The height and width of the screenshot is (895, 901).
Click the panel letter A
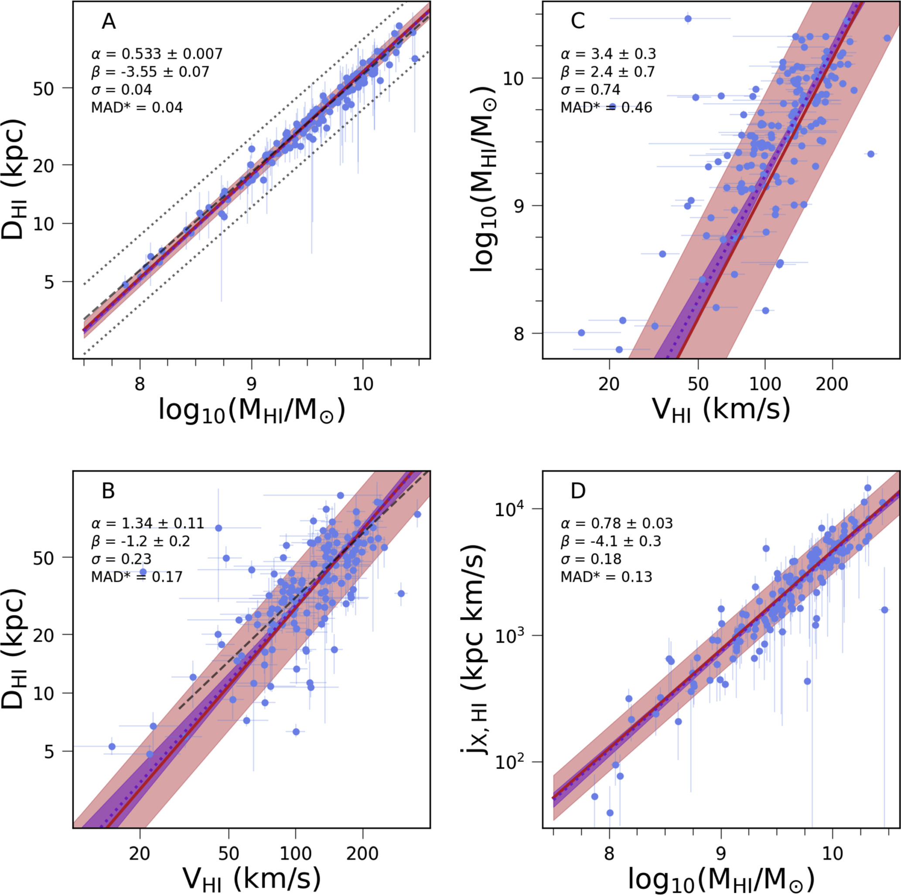[108, 22]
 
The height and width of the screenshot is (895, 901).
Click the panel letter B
[108, 492]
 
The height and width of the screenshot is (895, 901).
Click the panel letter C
[578, 22]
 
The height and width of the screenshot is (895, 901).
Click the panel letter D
[578, 492]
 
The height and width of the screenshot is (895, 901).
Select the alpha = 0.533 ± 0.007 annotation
[157, 54]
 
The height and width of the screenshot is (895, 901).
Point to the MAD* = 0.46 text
[606, 108]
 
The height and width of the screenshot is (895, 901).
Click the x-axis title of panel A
[252, 410]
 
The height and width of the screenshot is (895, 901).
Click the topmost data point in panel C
[688, 19]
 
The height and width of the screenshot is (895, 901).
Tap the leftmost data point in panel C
[581, 332]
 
